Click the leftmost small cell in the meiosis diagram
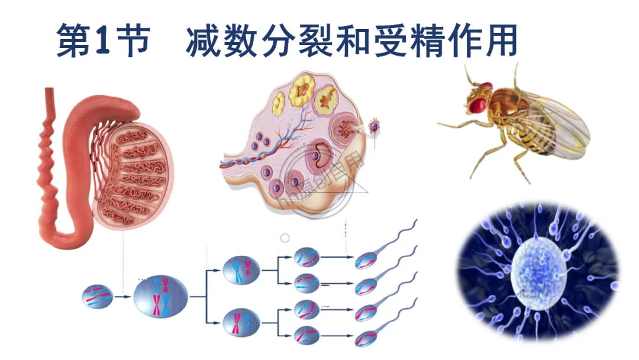click(x=98, y=294)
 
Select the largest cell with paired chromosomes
click(x=162, y=297)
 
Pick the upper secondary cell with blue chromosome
click(x=241, y=270)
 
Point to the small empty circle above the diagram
click(x=285, y=237)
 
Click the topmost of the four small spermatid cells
click(x=307, y=257)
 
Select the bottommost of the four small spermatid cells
click(x=307, y=335)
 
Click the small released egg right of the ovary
click(x=374, y=126)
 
